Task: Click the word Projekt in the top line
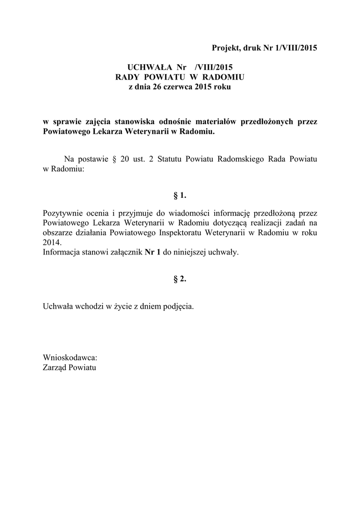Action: point(225,48)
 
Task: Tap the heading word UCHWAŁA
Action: point(146,67)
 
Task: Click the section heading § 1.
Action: point(180,195)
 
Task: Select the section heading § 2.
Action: point(180,279)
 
